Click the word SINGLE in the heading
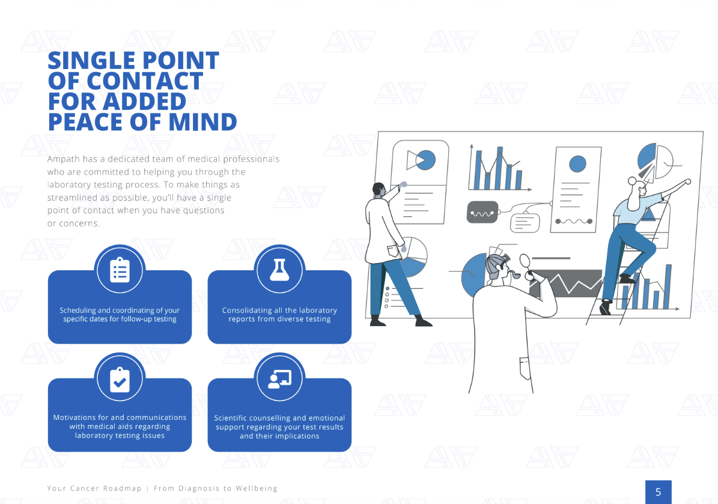(87, 61)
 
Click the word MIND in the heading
(202, 122)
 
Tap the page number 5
(658, 492)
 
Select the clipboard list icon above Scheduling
(120, 270)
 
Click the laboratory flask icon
(279, 270)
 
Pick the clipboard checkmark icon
(120, 380)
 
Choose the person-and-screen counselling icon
(279, 378)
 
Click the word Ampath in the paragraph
(62, 159)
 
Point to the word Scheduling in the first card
(78, 311)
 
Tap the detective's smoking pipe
(515, 275)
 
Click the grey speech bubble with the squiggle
(482, 213)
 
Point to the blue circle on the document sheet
(577, 163)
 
